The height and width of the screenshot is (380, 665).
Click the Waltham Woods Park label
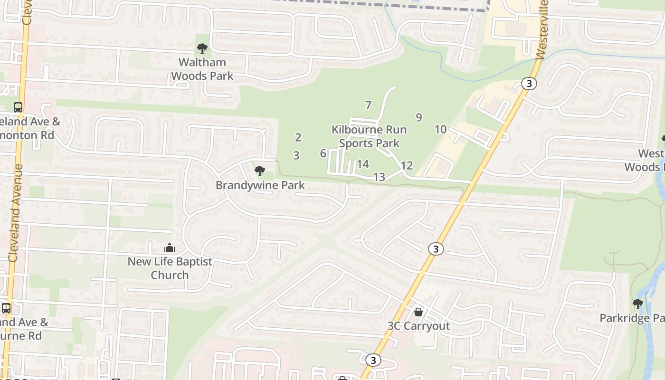[x=202, y=69]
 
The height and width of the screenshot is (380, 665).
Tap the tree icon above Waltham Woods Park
[x=202, y=48]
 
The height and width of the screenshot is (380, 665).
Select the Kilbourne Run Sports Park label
[x=369, y=136]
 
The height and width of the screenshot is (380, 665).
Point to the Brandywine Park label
[x=260, y=185]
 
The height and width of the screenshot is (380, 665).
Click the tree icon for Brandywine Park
[x=259, y=171]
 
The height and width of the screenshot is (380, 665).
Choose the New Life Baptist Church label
[x=170, y=268]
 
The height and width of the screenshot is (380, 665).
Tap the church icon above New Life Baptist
[x=170, y=247]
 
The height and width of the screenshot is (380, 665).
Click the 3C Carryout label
[x=418, y=326]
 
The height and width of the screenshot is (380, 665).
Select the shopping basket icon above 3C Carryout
[x=418, y=312]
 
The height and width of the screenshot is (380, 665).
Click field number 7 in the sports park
[x=368, y=105]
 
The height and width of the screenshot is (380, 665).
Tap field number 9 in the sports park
[x=418, y=117]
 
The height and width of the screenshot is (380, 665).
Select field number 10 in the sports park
[x=440, y=129]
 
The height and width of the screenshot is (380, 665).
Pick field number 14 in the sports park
[x=363, y=164]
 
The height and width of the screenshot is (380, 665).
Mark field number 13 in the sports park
[x=379, y=177]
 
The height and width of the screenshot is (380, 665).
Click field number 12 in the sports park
[x=407, y=166]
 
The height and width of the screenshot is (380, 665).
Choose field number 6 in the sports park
[x=323, y=153]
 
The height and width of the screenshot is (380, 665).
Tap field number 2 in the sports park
[x=298, y=137]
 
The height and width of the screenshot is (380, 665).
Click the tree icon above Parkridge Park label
[x=637, y=304]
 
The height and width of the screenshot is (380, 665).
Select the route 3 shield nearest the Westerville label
[x=529, y=84]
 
